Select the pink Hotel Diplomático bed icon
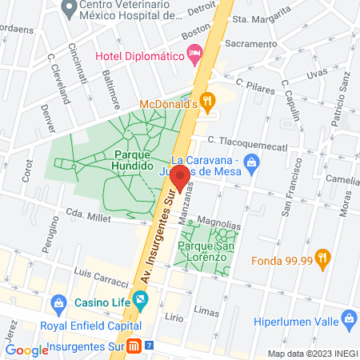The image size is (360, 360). coord(194,54)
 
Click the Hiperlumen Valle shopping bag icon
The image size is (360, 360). coord(348,320)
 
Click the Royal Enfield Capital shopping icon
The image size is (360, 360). coord(58,304)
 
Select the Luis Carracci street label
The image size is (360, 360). coord(101,278)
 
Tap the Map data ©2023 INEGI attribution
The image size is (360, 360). coord(311,354)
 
